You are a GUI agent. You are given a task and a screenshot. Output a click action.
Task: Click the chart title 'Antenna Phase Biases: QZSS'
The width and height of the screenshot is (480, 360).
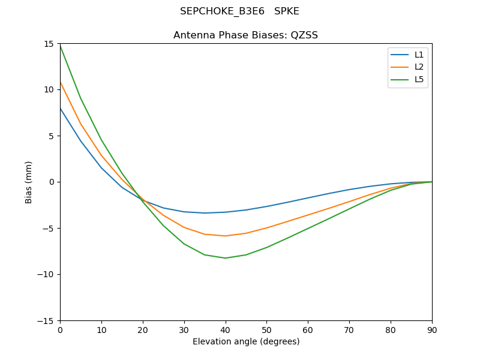[245, 35]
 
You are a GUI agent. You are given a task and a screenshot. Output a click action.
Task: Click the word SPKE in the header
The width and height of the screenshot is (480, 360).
[287, 11]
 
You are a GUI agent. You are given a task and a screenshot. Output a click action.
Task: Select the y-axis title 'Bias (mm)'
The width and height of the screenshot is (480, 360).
[29, 182]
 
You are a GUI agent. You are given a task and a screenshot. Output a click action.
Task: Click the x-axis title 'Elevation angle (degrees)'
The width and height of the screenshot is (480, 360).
[246, 342]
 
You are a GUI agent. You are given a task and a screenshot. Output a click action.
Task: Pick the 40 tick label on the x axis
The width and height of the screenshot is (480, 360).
[225, 329]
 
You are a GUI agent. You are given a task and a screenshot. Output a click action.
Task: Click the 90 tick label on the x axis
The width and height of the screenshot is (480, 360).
[432, 329]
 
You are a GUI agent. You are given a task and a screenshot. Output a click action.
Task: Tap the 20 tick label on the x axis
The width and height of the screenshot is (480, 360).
[143, 329]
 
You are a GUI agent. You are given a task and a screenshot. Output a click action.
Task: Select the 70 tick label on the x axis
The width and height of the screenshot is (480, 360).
[349, 329]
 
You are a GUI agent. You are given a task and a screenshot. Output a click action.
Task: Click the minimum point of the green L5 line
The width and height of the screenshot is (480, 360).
[225, 258]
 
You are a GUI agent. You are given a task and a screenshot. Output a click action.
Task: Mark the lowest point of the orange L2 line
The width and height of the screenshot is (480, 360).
[225, 236]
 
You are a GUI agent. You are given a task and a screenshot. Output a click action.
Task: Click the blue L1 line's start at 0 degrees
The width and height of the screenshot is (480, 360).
[60, 108]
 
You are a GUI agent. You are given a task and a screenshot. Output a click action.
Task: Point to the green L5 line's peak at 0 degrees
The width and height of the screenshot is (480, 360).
[60, 45]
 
